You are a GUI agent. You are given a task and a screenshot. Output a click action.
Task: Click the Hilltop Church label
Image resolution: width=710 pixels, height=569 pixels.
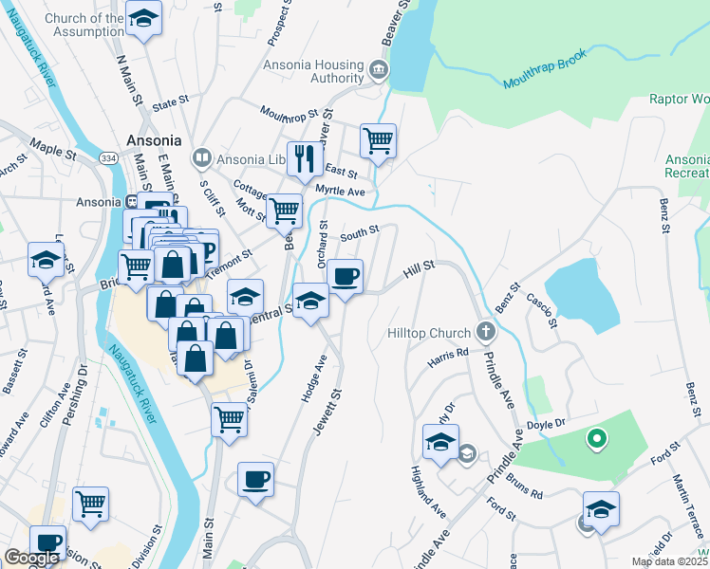(x=429, y=333)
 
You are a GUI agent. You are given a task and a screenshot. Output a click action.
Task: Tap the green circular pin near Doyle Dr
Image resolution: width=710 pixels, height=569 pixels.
(x=596, y=438)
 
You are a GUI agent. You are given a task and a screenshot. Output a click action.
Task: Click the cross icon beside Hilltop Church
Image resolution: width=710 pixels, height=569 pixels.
(x=486, y=332)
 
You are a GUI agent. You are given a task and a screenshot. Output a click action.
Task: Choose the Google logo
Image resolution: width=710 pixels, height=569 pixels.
(x=31, y=558)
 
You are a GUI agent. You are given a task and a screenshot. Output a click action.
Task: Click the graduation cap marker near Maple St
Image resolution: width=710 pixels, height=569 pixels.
(x=46, y=259)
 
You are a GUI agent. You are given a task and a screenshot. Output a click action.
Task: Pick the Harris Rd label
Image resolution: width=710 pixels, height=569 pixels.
(x=448, y=358)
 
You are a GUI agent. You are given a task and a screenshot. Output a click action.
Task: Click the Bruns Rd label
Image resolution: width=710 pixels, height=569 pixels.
(x=523, y=486)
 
